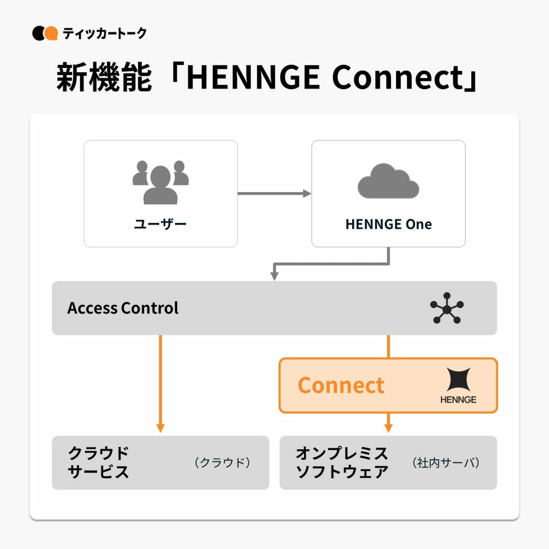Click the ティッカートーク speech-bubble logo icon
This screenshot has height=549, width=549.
pos(45,33)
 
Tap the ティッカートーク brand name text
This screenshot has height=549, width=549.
pos(105,33)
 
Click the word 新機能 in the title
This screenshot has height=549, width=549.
pos(104,77)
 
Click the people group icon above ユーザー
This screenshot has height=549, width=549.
pos(161,182)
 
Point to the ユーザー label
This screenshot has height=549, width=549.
pos(161,224)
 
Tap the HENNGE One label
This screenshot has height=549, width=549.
pos(388,224)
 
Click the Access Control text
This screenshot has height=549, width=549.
pos(123,308)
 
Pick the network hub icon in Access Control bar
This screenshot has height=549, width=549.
pos(447,308)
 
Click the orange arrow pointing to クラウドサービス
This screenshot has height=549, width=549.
pos(161,384)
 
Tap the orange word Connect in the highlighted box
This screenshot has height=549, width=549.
pos(341,385)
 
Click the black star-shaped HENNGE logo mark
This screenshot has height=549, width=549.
pos(458,379)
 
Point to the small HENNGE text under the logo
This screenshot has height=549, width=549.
pos(458,400)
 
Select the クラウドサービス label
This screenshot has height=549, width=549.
pos(98,462)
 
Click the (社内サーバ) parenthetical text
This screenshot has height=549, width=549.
pos(446,462)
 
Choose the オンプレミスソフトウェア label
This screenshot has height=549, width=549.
pos(342,462)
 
